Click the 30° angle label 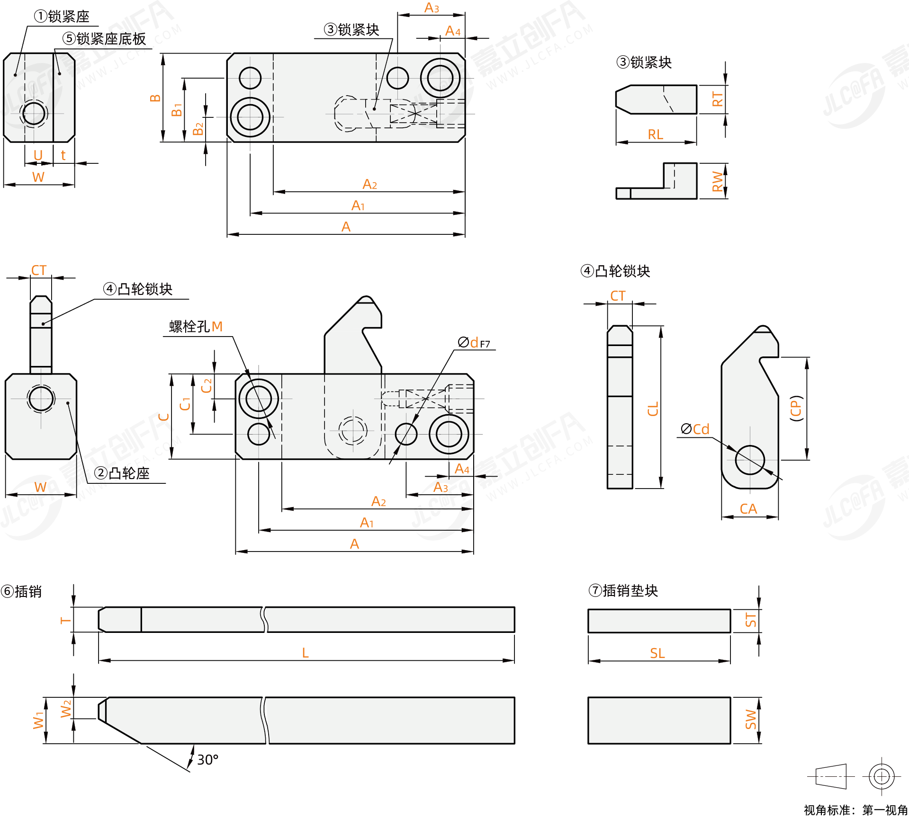207,760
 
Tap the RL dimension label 655,135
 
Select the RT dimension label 718,99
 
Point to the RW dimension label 718,181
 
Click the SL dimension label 657,653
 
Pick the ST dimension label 751,620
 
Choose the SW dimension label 751,720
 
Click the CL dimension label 653,409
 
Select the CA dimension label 748,509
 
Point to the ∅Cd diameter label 695,429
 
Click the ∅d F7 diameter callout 474,342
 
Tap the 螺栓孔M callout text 196,327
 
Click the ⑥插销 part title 22,591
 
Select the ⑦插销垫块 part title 623,590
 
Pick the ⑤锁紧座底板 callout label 104,39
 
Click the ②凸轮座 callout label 122,473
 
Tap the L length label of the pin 306,653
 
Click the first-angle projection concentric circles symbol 881,776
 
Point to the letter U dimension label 38,155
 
